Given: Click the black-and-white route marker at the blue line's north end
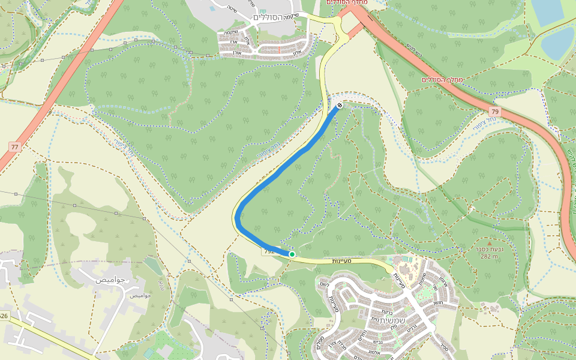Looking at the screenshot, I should tap(340, 106).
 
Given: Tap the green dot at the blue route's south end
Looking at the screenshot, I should tap(292, 254).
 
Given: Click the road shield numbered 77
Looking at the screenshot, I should tap(15, 146).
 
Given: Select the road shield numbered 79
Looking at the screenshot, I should tap(494, 112).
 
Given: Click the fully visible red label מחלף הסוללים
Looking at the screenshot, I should tap(445, 79).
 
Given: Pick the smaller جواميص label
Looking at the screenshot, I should tap(139, 295).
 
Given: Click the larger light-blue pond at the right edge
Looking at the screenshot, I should tap(558, 43).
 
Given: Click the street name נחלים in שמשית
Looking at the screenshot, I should tap(363, 339).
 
